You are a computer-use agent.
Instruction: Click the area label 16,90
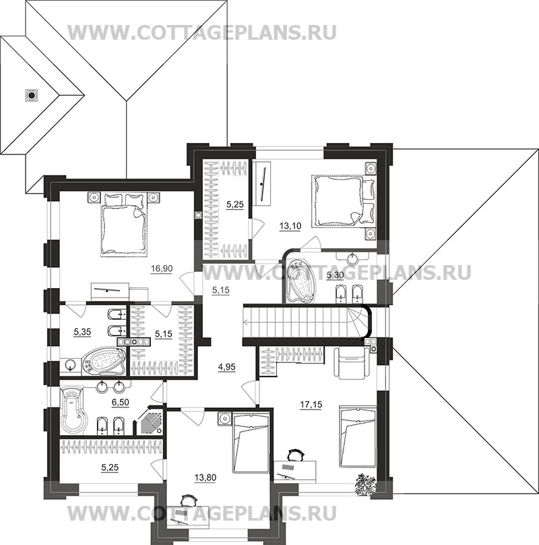click(x=159, y=268)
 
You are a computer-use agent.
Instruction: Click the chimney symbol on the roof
click(x=30, y=95)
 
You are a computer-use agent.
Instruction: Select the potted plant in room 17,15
click(x=367, y=483)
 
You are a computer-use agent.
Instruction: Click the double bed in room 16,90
click(x=124, y=225)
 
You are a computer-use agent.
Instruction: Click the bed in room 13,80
click(x=250, y=443)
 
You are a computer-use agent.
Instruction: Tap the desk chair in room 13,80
click(x=187, y=500)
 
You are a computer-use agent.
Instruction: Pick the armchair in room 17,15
click(x=350, y=364)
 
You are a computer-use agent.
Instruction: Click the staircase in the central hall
click(x=303, y=320)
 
